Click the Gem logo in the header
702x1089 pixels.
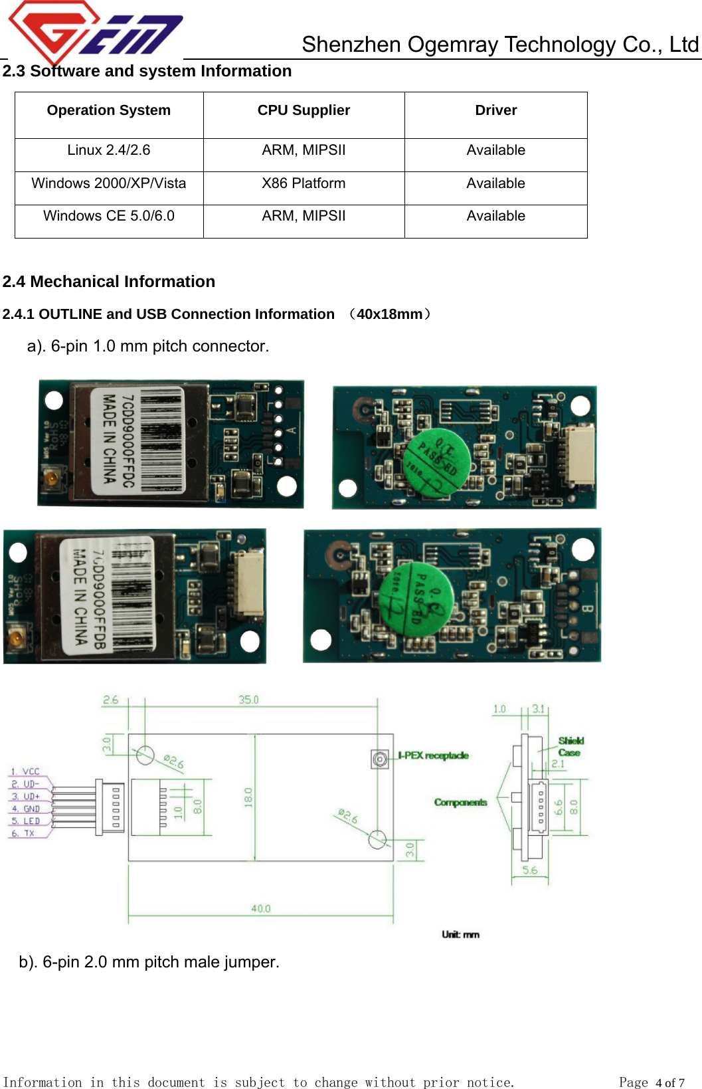pyautogui.click(x=93, y=32)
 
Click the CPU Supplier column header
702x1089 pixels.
pyautogui.click(x=304, y=110)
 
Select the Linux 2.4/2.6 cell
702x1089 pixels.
pyautogui.click(x=109, y=150)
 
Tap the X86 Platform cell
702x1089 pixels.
pyautogui.click(x=304, y=183)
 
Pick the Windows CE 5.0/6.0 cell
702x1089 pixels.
pyautogui.click(x=109, y=216)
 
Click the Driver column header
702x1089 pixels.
pyautogui.click(x=495, y=110)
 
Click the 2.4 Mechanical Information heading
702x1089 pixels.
pyautogui.click(x=109, y=282)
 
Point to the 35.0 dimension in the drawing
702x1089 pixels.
pyautogui.click(x=248, y=700)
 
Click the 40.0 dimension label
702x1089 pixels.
pyautogui.click(x=260, y=908)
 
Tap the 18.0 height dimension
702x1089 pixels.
pyautogui.click(x=248, y=797)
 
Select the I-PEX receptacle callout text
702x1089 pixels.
pyautogui.click(x=433, y=755)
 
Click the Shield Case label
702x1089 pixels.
pyautogui.click(x=570, y=747)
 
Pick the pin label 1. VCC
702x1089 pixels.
pyautogui.click(x=25, y=771)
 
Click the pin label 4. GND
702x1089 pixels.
pyautogui.click(x=25, y=809)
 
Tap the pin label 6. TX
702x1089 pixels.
pyautogui.click(x=23, y=833)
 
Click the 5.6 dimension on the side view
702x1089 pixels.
pyautogui.click(x=529, y=870)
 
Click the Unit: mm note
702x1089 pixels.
pyautogui.click(x=460, y=934)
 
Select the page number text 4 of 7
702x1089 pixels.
pyautogui.click(x=669, y=1082)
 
